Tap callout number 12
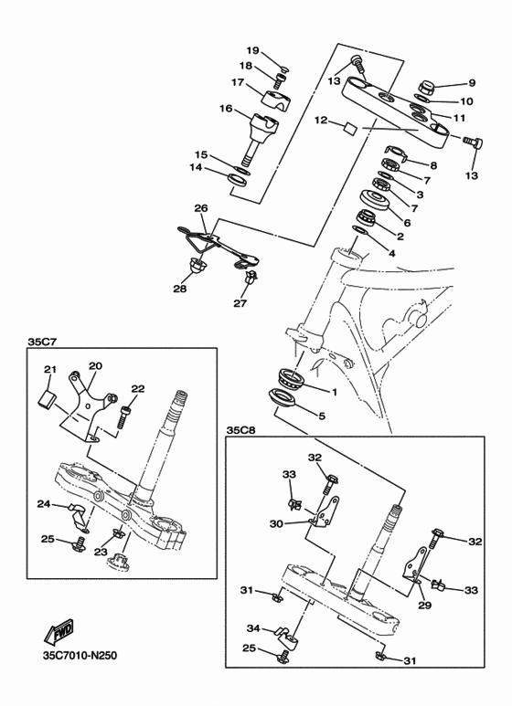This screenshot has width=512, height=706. (x=321, y=121)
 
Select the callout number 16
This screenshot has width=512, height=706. (x=226, y=109)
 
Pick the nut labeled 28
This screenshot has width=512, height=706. (x=195, y=268)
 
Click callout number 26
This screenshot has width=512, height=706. (x=201, y=207)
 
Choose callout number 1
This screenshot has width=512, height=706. (x=334, y=392)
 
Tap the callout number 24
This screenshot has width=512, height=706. (x=43, y=503)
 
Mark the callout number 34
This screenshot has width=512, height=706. (x=254, y=628)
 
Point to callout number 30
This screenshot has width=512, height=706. (x=277, y=523)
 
